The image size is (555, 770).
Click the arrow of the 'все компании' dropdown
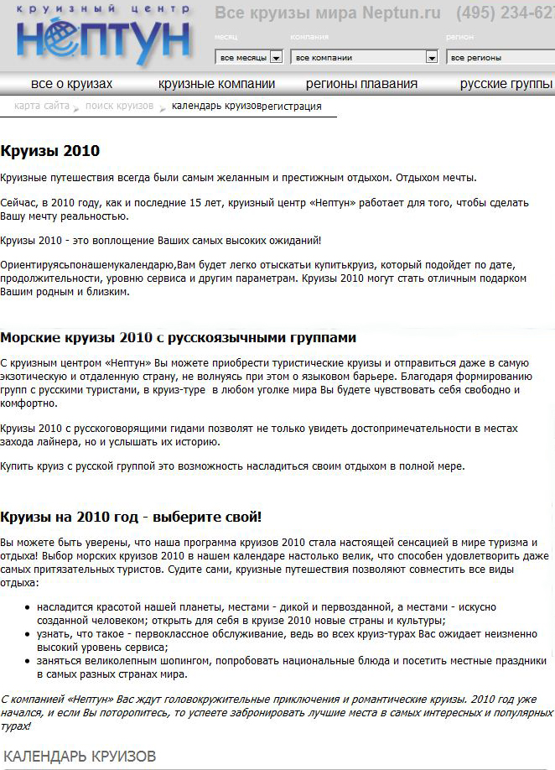[432, 58]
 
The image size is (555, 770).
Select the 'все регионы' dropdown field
[500, 58]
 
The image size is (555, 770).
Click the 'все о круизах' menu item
[71, 84]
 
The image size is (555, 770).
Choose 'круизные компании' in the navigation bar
[216, 84]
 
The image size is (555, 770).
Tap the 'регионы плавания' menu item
[361, 84]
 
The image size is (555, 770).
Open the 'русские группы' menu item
[506, 84]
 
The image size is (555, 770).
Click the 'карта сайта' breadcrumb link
[42, 106]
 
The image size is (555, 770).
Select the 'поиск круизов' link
[119, 106]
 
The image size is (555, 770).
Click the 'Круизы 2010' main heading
[49, 151]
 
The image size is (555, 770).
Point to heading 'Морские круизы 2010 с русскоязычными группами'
[178, 338]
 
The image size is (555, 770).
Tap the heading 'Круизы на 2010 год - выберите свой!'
[131, 517]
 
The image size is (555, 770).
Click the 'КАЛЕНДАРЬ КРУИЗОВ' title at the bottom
[80, 756]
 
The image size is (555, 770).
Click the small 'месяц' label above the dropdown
[226, 38]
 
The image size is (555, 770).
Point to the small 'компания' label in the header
[309, 38]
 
